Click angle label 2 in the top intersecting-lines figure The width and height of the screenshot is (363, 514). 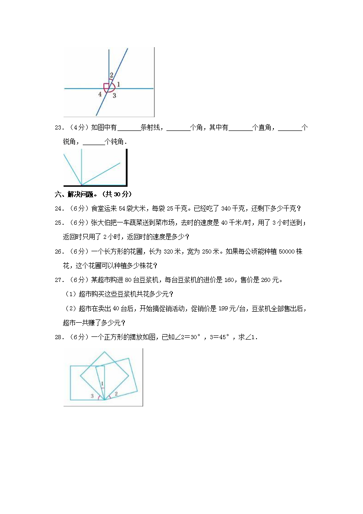[x=111, y=76]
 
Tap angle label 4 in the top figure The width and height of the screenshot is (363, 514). [x=100, y=94]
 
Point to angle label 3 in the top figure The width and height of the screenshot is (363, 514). [x=114, y=95]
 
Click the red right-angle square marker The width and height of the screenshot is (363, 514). [x=107, y=86]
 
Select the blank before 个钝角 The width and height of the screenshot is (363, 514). [x=94, y=142]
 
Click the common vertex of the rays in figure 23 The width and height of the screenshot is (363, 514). [x=81, y=185]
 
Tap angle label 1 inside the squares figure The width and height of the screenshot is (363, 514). [x=102, y=384]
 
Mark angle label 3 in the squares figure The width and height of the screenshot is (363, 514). [x=92, y=395]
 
